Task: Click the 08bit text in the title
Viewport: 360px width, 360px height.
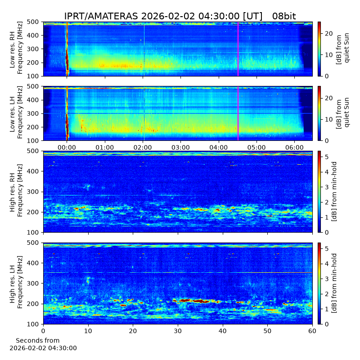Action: click(284, 16)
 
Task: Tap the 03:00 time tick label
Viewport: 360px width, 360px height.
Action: click(181, 148)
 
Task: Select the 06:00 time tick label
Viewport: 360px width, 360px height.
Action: click(295, 148)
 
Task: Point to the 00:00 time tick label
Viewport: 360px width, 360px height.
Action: click(67, 148)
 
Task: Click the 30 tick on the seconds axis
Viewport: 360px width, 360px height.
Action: click(178, 331)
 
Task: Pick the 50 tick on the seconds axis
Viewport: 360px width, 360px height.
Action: click(267, 331)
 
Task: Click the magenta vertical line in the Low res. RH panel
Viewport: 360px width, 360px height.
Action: click(238, 49)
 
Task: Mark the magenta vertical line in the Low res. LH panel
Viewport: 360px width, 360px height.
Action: click(238, 114)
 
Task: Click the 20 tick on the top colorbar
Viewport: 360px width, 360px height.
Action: click(329, 33)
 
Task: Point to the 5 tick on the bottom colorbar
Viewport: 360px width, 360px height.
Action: click(327, 249)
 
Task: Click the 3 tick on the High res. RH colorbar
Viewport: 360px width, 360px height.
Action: click(327, 187)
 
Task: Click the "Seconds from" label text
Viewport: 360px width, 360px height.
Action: click(38, 341)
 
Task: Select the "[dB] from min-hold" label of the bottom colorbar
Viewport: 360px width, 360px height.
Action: click(334, 283)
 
